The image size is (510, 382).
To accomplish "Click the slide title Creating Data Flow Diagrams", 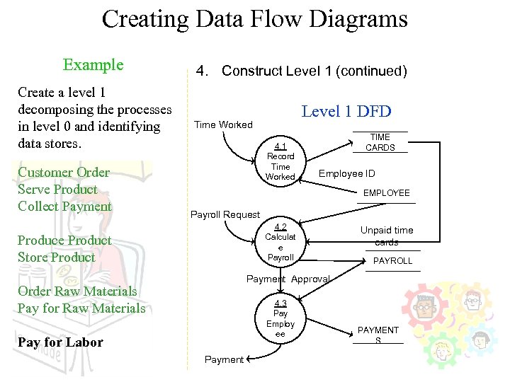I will (x=254, y=18).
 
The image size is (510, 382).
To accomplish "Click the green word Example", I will (x=93, y=65).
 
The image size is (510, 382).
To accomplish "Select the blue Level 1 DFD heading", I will (x=346, y=111).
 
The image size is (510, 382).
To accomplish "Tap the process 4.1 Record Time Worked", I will (x=280, y=162).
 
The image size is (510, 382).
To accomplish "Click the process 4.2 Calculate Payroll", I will (x=280, y=243).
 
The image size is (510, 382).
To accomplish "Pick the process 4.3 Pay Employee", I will (x=280, y=318).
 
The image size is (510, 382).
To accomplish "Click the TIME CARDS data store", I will (x=380, y=142).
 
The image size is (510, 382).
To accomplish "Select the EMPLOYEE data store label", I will (x=386, y=192).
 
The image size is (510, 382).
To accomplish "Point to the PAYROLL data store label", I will (x=392, y=261).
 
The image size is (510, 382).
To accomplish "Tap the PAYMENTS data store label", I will (x=378, y=335).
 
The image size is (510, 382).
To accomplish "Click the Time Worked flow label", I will (x=223, y=125).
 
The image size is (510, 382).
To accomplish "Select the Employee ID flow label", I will (x=346, y=173).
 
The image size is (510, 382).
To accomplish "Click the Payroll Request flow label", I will (x=225, y=214).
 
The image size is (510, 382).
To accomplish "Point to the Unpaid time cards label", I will (x=386, y=236).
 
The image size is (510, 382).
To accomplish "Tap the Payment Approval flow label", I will (x=288, y=279).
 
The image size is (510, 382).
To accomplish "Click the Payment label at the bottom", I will (x=224, y=359).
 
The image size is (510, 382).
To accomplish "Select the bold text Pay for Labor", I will (x=60, y=342).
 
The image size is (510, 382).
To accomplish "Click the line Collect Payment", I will (x=64, y=207).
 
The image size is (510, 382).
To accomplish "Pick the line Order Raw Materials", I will (x=77, y=291).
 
